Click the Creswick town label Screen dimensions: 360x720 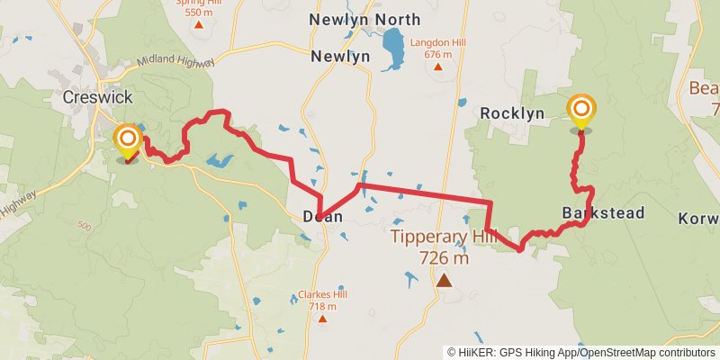98,96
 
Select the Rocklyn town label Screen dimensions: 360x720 512,113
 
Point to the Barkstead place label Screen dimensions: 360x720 603,213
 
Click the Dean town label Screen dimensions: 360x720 322,216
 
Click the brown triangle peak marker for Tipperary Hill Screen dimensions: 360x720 444,281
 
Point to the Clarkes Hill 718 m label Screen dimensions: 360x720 321,301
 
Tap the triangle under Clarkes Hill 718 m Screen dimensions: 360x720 321,319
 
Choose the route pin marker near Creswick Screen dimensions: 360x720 128,139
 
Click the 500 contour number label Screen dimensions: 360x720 85,225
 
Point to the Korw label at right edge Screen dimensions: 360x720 699,219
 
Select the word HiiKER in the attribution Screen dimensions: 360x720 475,353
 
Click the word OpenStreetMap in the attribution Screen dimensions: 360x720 616,353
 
